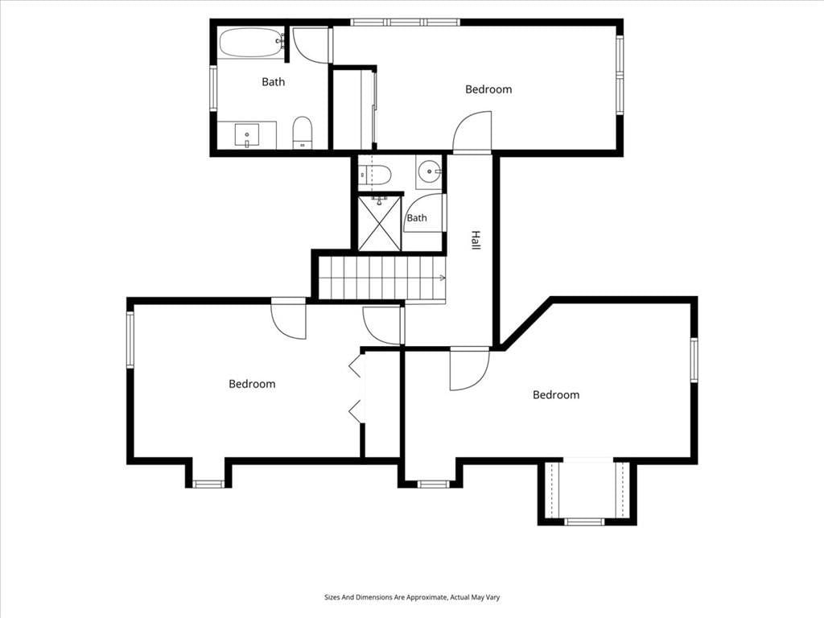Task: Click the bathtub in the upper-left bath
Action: [251, 43]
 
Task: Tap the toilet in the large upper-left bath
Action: [303, 133]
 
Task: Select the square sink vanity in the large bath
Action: [246, 135]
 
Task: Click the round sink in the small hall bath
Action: [430, 171]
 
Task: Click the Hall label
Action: [475, 240]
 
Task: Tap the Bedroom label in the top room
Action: [488, 89]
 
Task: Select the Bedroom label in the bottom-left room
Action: [252, 384]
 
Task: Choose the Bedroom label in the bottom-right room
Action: [556, 394]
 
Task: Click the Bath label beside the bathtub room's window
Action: [274, 81]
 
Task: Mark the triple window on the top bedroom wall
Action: [406, 23]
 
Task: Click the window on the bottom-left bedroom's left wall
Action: [130, 339]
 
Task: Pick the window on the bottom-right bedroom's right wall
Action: [694, 360]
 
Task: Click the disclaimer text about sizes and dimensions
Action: [412, 597]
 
